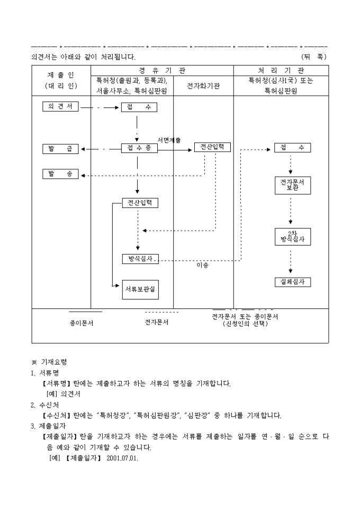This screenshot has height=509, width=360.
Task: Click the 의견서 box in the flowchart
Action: click(x=60, y=106)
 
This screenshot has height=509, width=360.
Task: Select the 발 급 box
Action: click(x=60, y=149)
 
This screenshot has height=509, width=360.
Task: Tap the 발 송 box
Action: click(x=60, y=174)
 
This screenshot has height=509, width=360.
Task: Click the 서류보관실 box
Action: click(x=140, y=289)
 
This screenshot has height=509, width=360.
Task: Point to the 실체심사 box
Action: click(x=292, y=282)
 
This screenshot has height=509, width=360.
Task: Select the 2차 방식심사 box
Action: click(x=292, y=237)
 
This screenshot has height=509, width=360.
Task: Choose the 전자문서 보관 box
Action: click(x=292, y=186)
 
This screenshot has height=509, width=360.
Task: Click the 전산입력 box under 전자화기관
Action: click(x=212, y=147)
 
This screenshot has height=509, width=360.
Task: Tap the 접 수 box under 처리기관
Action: click(x=292, y=148)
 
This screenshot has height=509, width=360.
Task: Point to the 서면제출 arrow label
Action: click(x=169, y=140)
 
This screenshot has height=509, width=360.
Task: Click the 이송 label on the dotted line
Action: click(x=203, y=265)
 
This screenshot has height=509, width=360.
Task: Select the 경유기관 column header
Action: click(x=162, y=70)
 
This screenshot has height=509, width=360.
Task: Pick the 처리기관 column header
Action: click(x=281, y=70)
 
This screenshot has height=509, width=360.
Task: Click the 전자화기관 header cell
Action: click(x=203, y=86)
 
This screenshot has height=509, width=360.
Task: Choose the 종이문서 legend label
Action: click(x=82, y=323)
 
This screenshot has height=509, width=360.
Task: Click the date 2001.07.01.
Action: click(x=122, y=458)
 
